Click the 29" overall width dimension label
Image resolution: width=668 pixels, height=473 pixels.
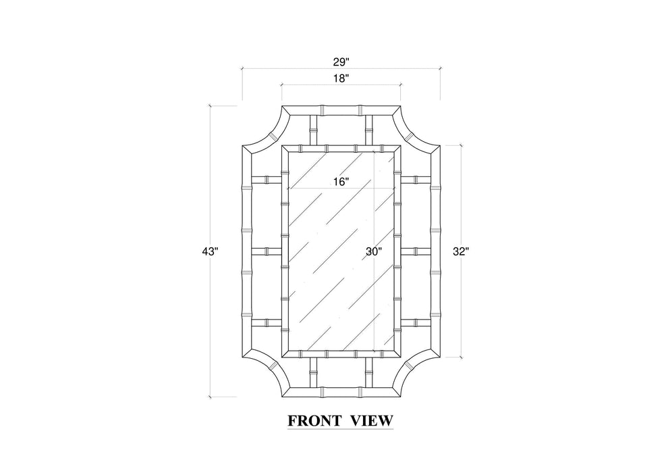341,62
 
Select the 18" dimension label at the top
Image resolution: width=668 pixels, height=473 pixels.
341,78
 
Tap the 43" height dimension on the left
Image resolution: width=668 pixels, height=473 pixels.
210,251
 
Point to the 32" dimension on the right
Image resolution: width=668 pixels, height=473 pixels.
461,251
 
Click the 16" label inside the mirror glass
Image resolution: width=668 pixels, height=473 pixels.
341,182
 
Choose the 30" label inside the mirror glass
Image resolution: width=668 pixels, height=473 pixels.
373,251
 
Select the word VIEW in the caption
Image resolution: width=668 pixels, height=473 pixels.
371,420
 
